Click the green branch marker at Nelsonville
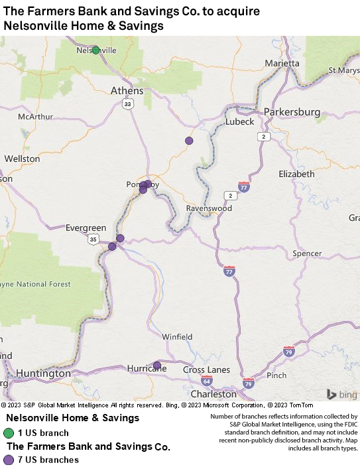[95, 50]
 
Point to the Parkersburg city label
[292, 111]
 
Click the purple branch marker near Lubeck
[189, 141]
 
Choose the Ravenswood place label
[208, 208]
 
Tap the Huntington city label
[43, 373]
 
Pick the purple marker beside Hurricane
[157, 365]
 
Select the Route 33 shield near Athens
[128, 103]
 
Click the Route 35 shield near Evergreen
[93, 239]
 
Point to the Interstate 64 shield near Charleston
[207, 381]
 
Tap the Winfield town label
[177, 336]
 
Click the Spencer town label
[306, 253]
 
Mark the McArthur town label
[35, 116]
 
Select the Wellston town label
[22, 159]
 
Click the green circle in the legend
[9, 433]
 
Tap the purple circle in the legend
[9, 460]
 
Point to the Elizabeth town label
[296, 174]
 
